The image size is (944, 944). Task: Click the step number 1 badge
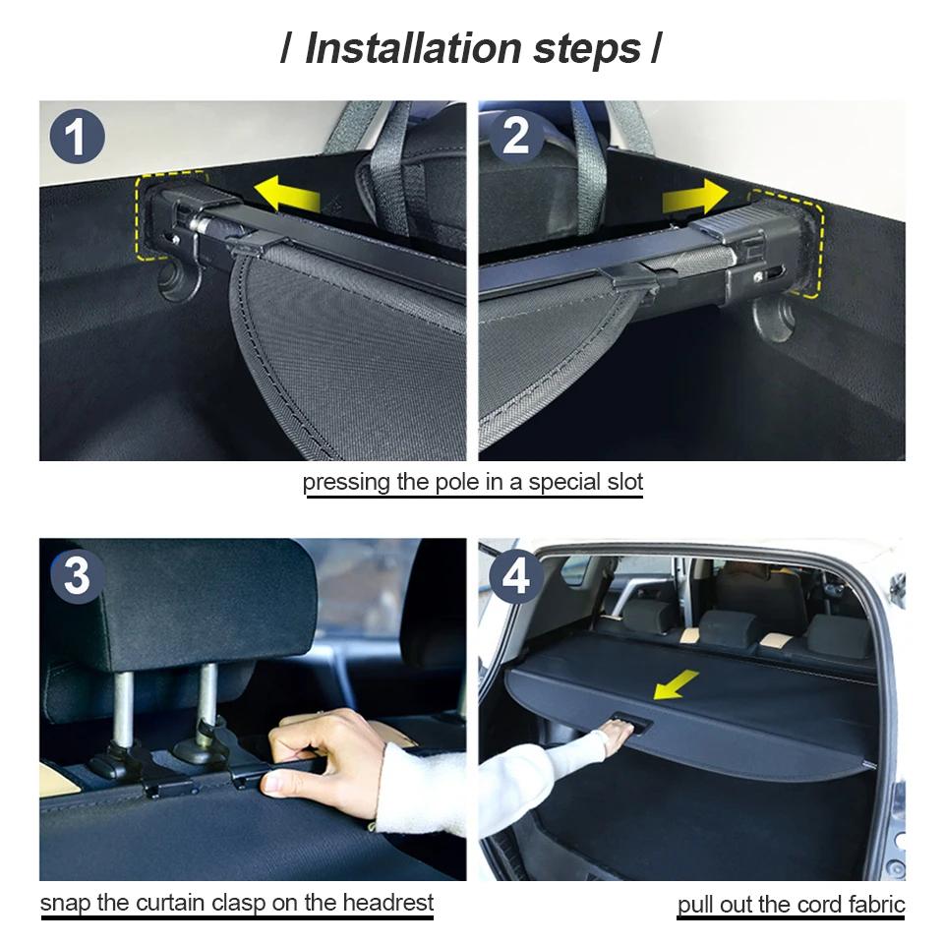pos(77,136)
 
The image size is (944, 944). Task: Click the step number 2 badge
pos(515,136)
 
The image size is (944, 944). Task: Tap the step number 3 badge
pos(77,576)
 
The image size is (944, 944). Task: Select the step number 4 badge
pos(515,576)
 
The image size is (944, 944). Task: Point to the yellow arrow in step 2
pos(695,198)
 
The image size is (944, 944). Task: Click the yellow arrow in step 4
pos(677,684)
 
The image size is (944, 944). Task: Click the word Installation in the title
pos(412,48)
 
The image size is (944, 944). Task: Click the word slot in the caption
pos(619,482)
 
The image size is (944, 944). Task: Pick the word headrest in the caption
pos(384,902)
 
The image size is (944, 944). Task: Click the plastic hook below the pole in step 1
pos(182,280)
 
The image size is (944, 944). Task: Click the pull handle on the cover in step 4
pos(626,723)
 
